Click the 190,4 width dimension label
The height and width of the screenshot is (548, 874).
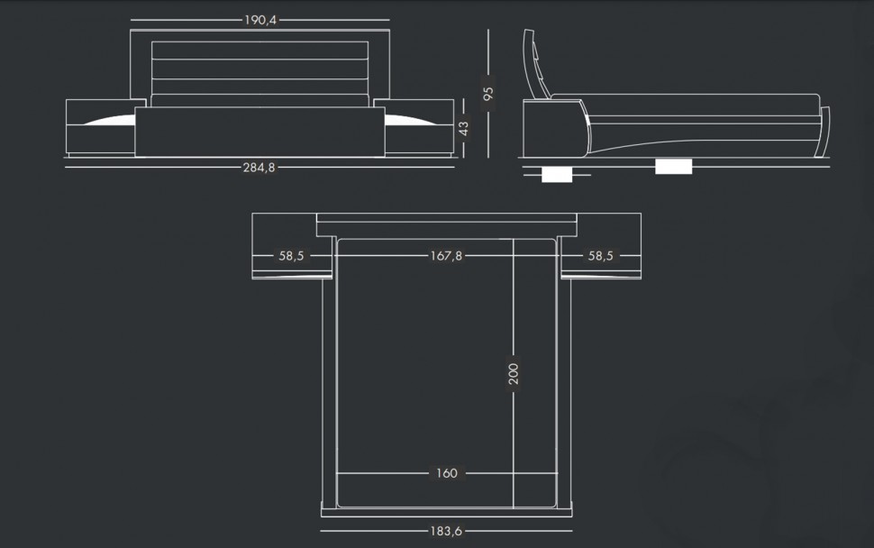tap(260, 20)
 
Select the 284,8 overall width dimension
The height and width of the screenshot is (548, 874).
tap(259, 168)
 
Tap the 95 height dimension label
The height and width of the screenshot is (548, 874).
tap(488, 93)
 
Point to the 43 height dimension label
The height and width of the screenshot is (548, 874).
tap(464, 128)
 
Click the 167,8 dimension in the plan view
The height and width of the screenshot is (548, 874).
tap(446, 256)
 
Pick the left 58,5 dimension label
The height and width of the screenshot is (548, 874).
tap(292, 256)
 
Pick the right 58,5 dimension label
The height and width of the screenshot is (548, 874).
tap(600, 256)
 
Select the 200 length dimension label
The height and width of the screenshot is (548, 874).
tap(514, 373)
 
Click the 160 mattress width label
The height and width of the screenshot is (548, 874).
tap(447, 473)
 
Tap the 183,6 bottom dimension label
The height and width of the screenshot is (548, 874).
tap(446, 531)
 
